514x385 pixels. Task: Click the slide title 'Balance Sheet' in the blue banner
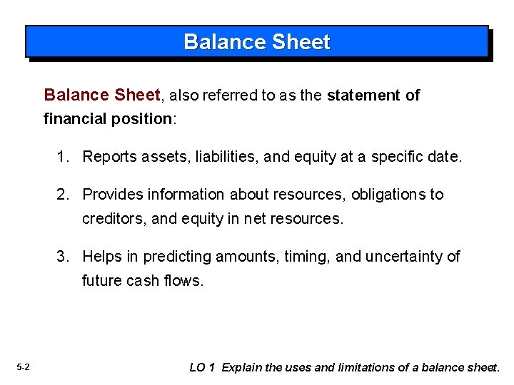click(x=257, y=42)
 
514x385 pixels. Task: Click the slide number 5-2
click(x=23, y=367)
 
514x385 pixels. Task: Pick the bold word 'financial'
click(x=76, y=119)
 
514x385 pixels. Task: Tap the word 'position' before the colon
click(x=141, y=119)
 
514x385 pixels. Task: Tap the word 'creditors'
click(x=112, y=219)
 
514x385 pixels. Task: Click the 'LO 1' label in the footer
click(x=202, y=368)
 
